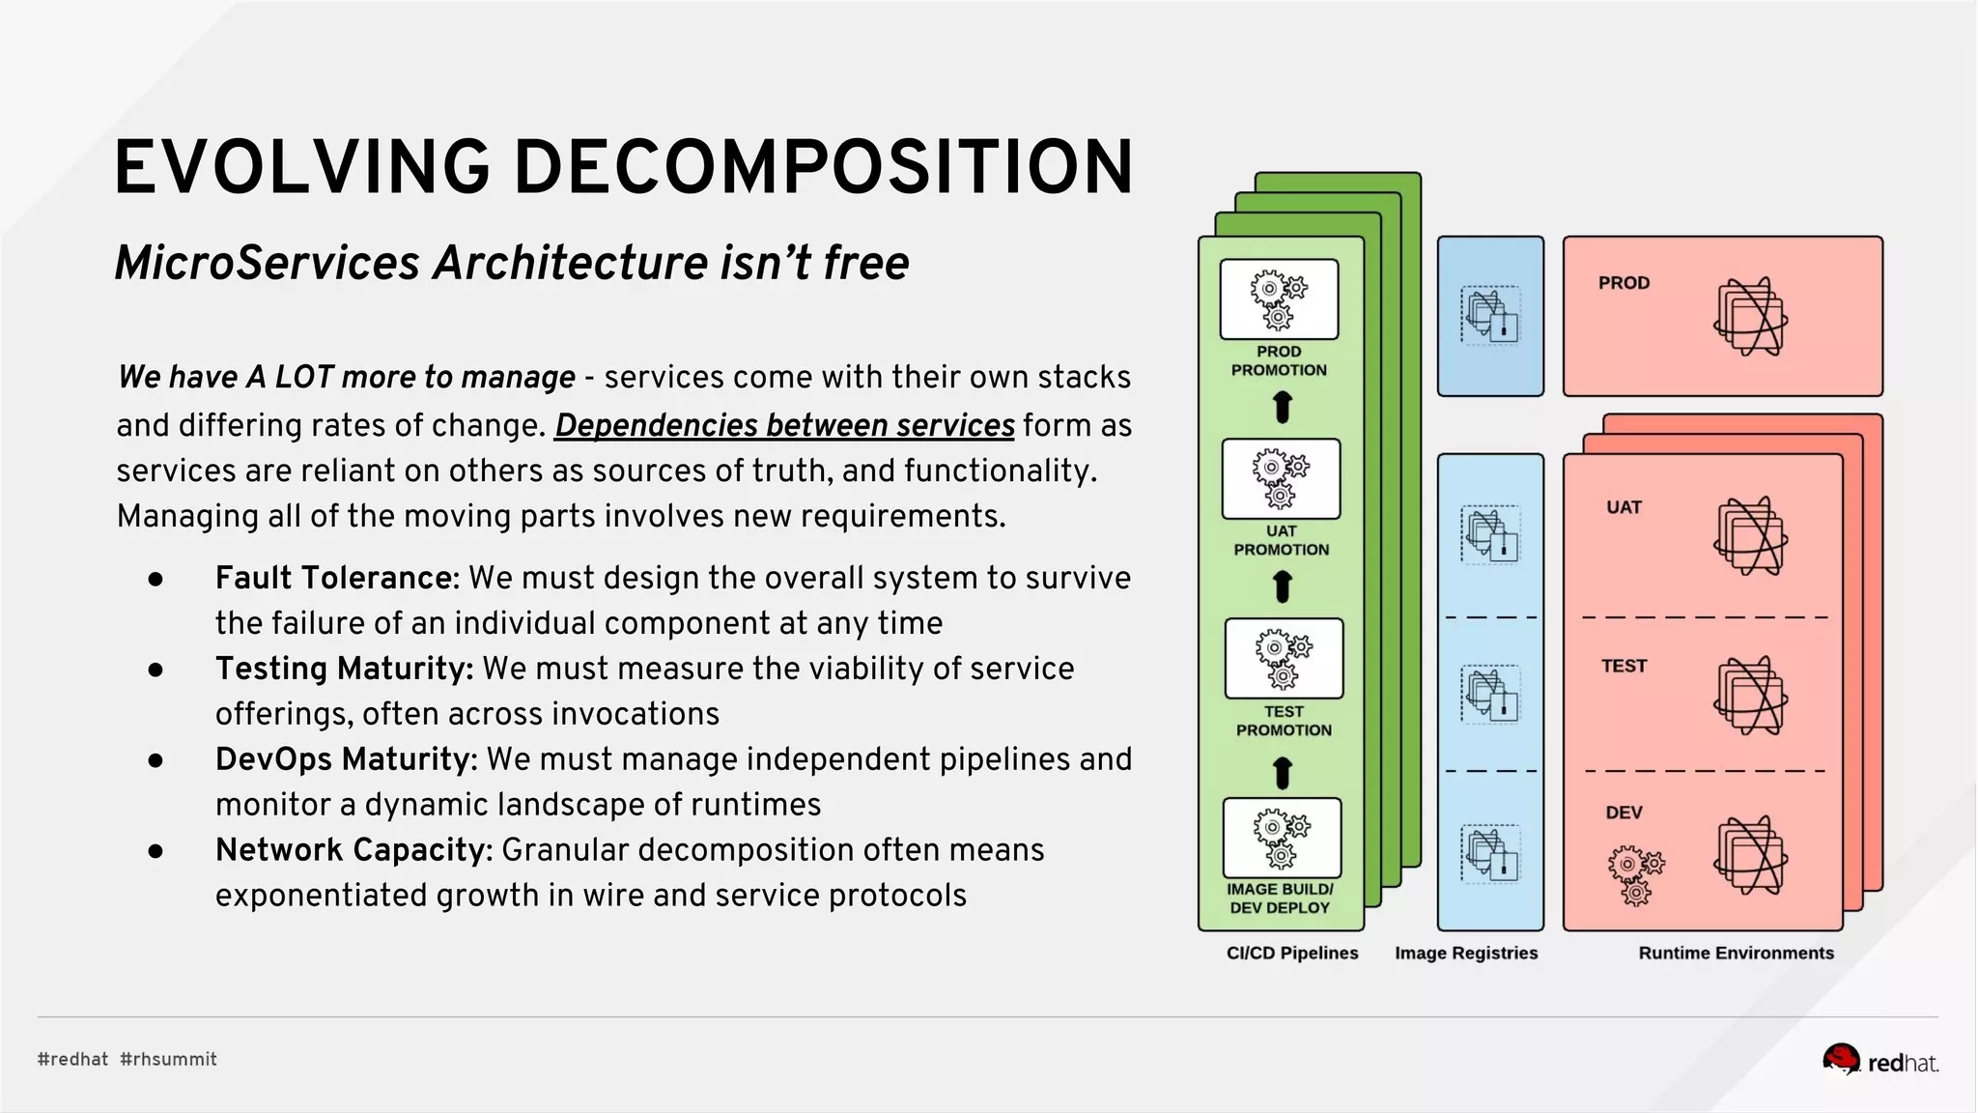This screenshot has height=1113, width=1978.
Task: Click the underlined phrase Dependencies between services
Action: point(784,425)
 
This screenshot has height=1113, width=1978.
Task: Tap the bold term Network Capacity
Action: point(353,850)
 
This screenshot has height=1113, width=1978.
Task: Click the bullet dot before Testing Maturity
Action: point(155,670)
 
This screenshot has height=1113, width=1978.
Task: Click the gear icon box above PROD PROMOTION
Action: point(1279,300)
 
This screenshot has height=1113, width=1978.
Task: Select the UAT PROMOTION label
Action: point(1281,540)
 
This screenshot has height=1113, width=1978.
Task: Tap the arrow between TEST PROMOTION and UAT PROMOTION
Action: point(1282,586)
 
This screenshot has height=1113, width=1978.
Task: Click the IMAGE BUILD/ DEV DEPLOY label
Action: point(1280,899)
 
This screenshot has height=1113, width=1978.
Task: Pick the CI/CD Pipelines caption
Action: point(1291,953)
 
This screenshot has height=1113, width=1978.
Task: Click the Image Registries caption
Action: point(1465,953)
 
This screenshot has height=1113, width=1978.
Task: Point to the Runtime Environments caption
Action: point(1736,953)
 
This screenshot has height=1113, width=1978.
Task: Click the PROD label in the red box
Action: point(1624,283)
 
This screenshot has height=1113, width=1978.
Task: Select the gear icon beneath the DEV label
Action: point(1635,874)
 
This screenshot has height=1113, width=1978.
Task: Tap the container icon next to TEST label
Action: point(1750,696)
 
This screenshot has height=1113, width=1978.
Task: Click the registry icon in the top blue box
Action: point(1490,316)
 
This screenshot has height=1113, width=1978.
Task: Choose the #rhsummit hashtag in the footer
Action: point(168,1060)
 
